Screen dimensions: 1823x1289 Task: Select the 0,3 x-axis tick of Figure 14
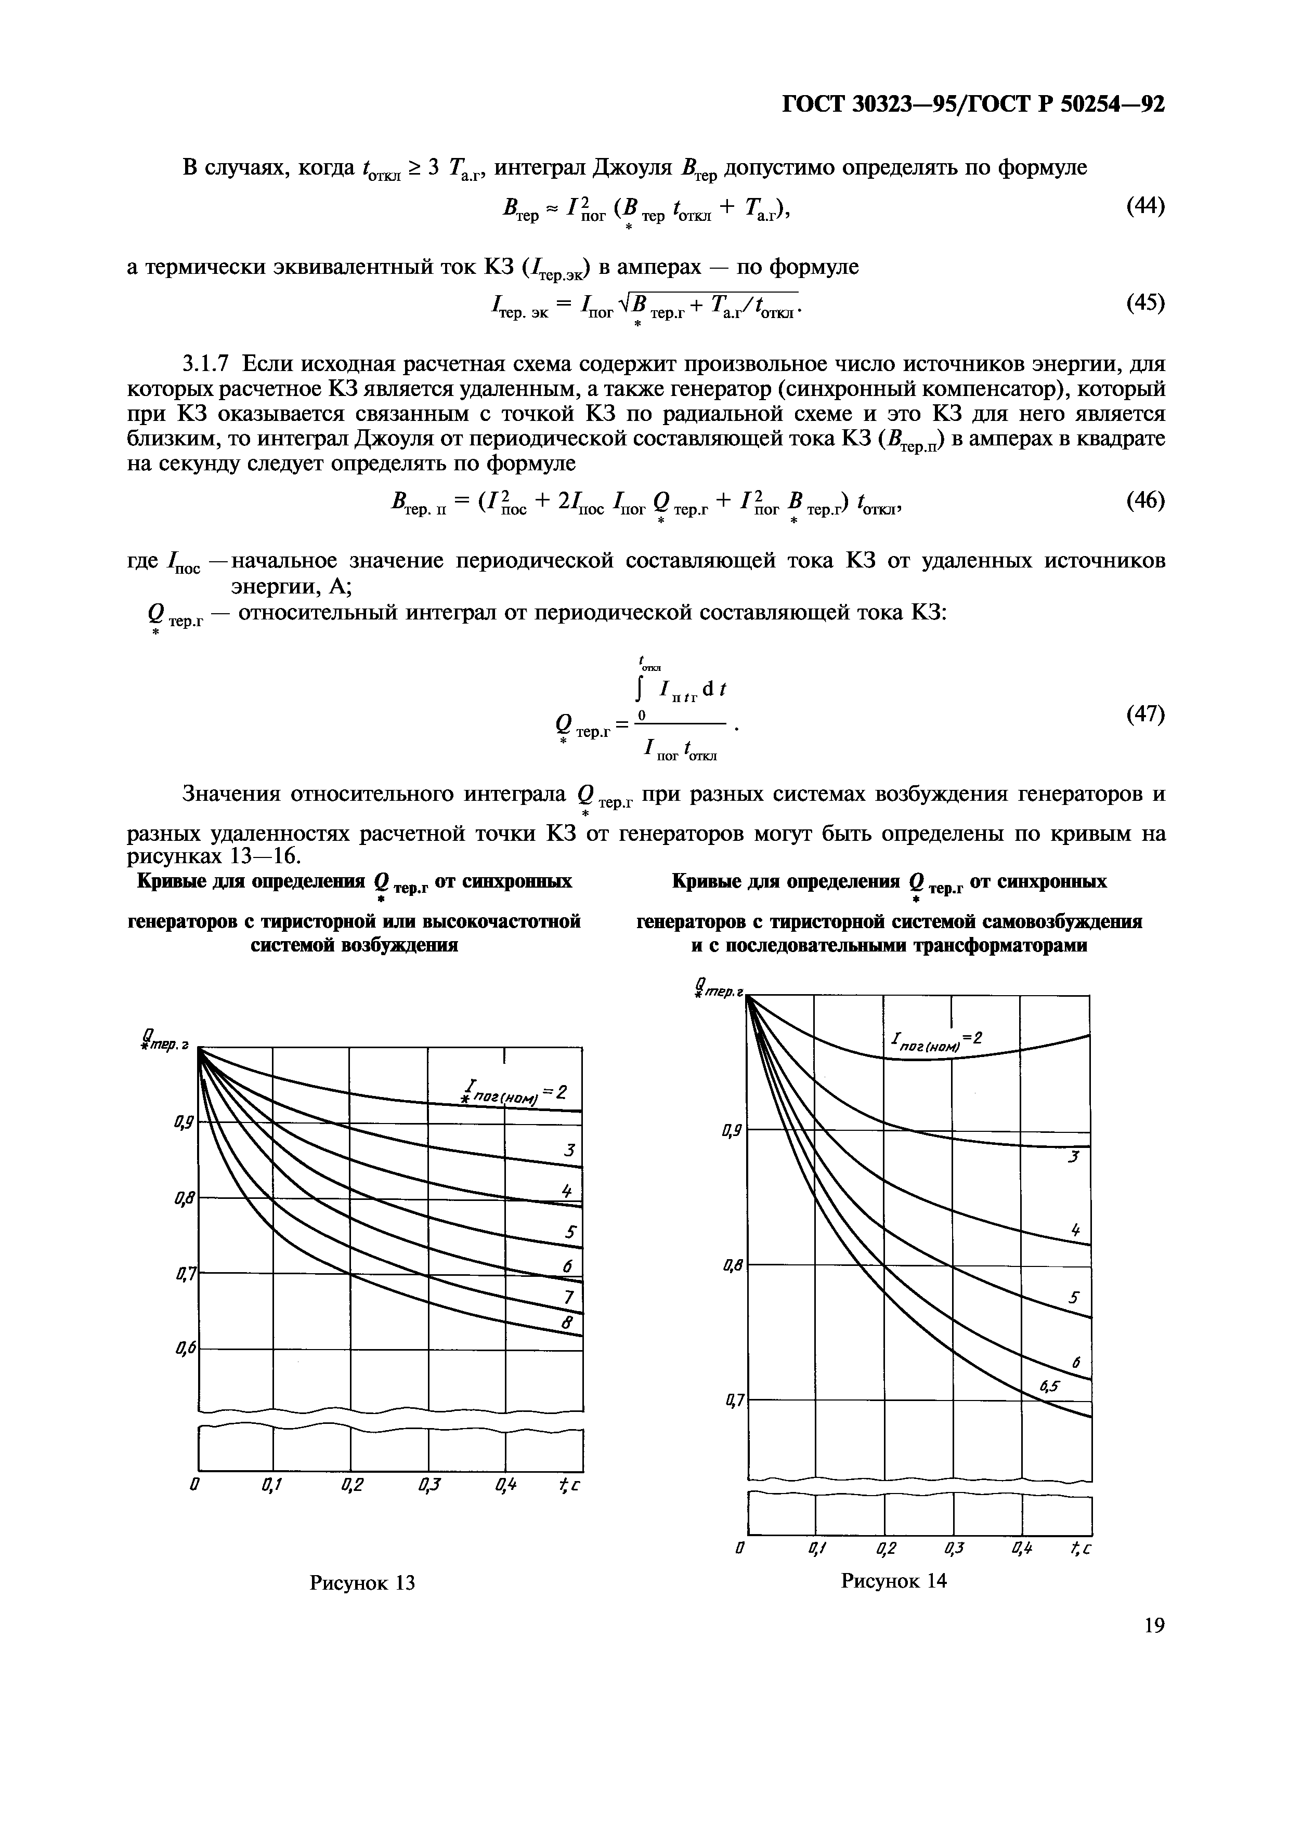(954, 1548)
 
